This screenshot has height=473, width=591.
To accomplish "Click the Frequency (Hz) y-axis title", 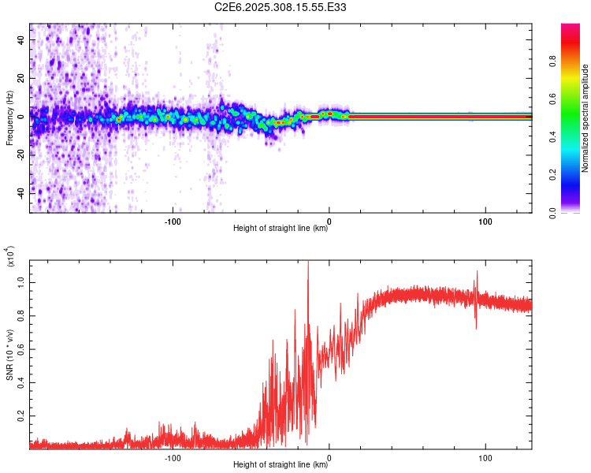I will click(9, 118).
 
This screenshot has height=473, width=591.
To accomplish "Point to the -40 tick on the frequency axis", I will click(18, 192).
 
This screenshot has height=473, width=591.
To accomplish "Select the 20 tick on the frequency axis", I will click(20, 79).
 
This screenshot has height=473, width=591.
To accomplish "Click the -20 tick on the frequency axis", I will click(18, 155).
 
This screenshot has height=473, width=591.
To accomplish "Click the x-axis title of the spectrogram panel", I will click(281, 229).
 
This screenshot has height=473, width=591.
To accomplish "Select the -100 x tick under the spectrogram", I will click(173, 220).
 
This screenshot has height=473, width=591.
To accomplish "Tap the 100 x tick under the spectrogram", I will click(485, 220).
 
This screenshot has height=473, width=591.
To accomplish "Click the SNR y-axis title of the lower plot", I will click(9, 355).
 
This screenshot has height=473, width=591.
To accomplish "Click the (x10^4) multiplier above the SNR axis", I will click(10, 257).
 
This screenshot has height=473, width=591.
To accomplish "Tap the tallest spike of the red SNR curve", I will click(308, 263).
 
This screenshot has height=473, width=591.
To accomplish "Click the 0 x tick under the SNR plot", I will click(329, 456).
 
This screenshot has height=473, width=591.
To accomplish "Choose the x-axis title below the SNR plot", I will click(281, 465).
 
